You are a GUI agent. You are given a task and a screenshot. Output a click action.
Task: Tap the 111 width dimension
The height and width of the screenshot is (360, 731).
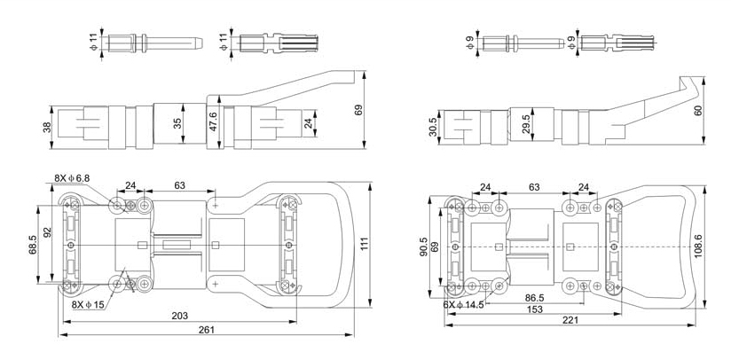pyautogui.click(x=364, y=244)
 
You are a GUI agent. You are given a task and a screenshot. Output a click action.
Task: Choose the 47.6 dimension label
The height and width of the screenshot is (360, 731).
pyautogui.click(x=213, y=121)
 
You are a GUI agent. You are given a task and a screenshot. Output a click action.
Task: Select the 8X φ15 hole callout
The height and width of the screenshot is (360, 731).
pyautogui.click(x=88, y=304)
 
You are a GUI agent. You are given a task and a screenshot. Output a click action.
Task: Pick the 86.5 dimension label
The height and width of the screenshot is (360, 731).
pyautogui.click(x=534, y=298)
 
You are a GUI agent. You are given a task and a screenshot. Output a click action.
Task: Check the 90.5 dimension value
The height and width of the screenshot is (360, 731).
pyautogui.click(x=425, y=246)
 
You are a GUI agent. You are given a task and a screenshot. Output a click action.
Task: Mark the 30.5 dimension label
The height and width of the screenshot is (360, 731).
pyautogui.click(x=432, y=127)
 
